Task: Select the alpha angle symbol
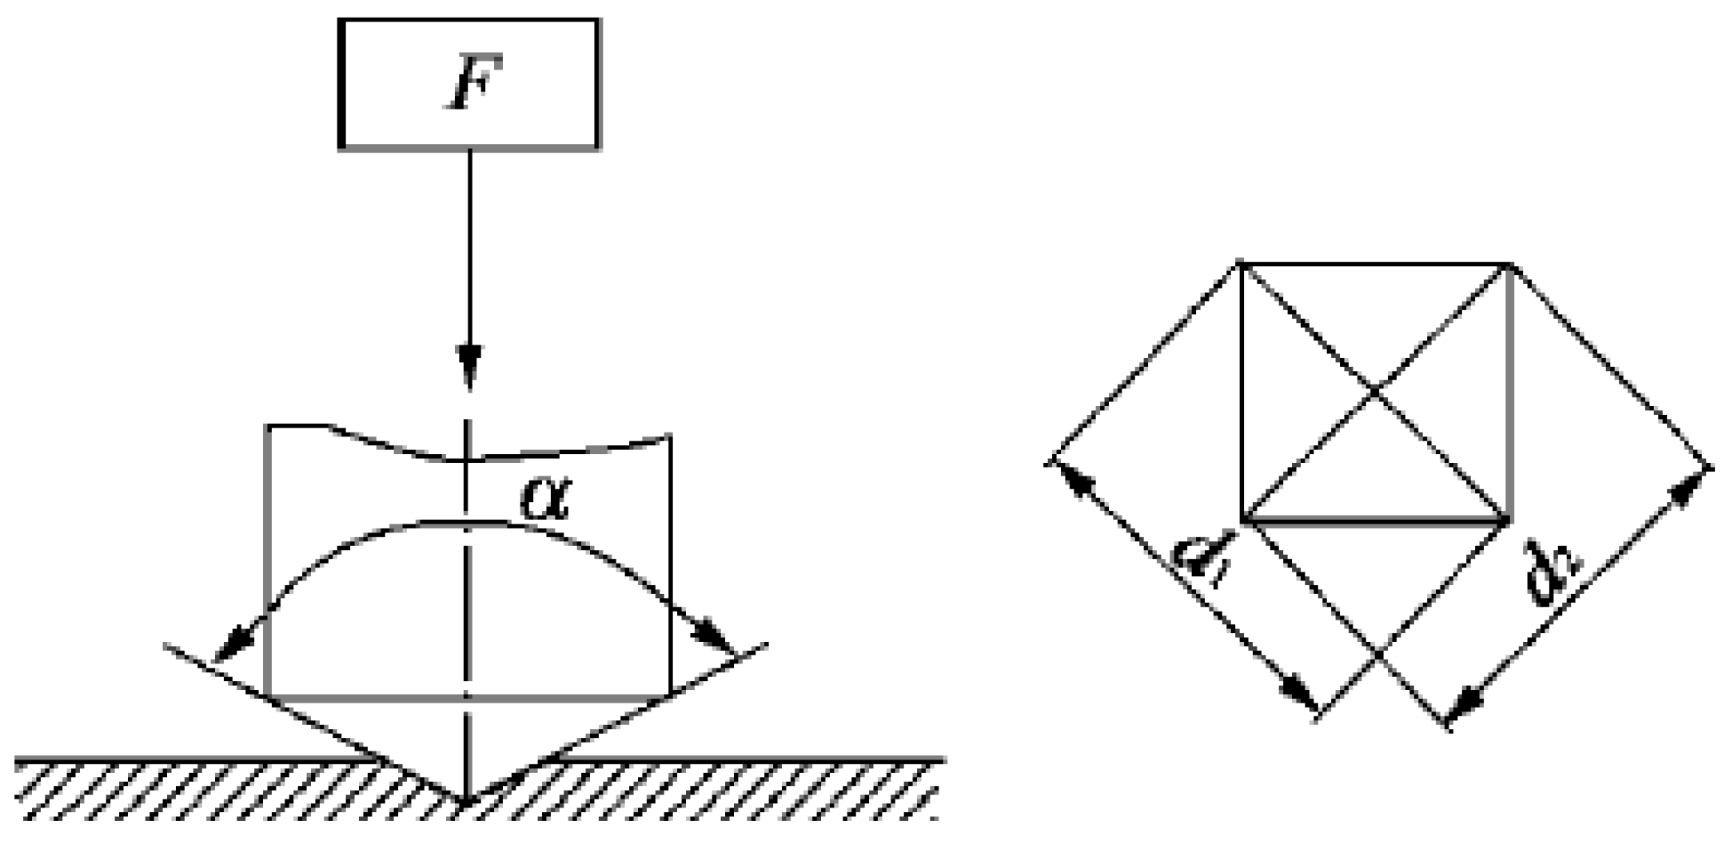pyautogui.click(x=545, y=500)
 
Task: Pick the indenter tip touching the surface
pyautogui.click(x=467, y=799)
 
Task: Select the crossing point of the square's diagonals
pyautogui.click(x=1374, y=392)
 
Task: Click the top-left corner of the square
pyautogui.click(x=1240, y=263)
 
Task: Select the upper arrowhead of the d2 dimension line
pyautogui.click(x=1689, y=488)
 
